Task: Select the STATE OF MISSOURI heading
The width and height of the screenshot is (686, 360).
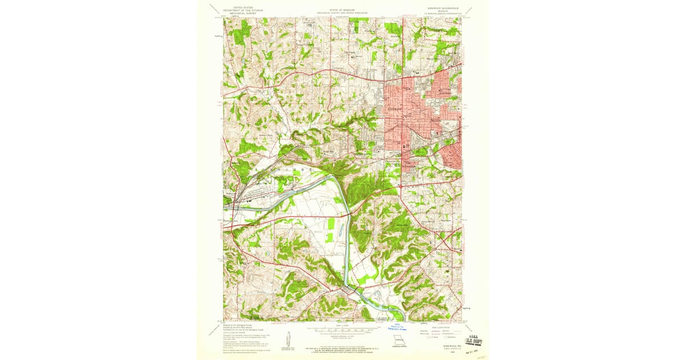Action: pos(342,10)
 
